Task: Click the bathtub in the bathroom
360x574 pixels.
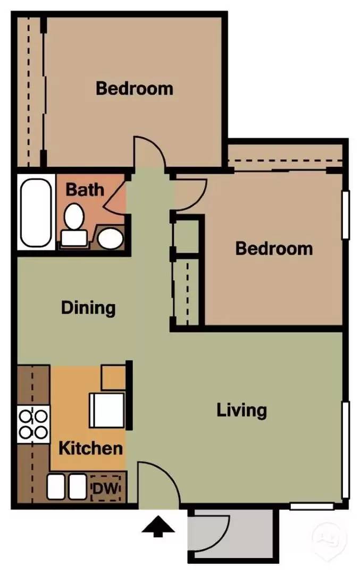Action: point(36,212)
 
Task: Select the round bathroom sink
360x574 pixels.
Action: point(110,239)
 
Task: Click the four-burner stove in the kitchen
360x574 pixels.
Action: point(34,424)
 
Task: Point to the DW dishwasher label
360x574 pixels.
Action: point(105,488)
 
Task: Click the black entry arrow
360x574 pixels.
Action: point(158,526)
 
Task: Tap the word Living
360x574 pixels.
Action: point(242,411)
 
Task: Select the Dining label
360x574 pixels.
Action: point(88,308)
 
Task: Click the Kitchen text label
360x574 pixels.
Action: point(91,448)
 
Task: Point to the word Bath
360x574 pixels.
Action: point(85,190)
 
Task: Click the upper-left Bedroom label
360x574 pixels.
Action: point(135,89)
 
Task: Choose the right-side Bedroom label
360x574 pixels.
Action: point(274,249)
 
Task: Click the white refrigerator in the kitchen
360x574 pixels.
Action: point(107,410)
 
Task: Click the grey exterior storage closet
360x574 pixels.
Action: point(231,536)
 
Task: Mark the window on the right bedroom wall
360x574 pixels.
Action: point(345,215)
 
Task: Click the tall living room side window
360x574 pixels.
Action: point(345,450)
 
